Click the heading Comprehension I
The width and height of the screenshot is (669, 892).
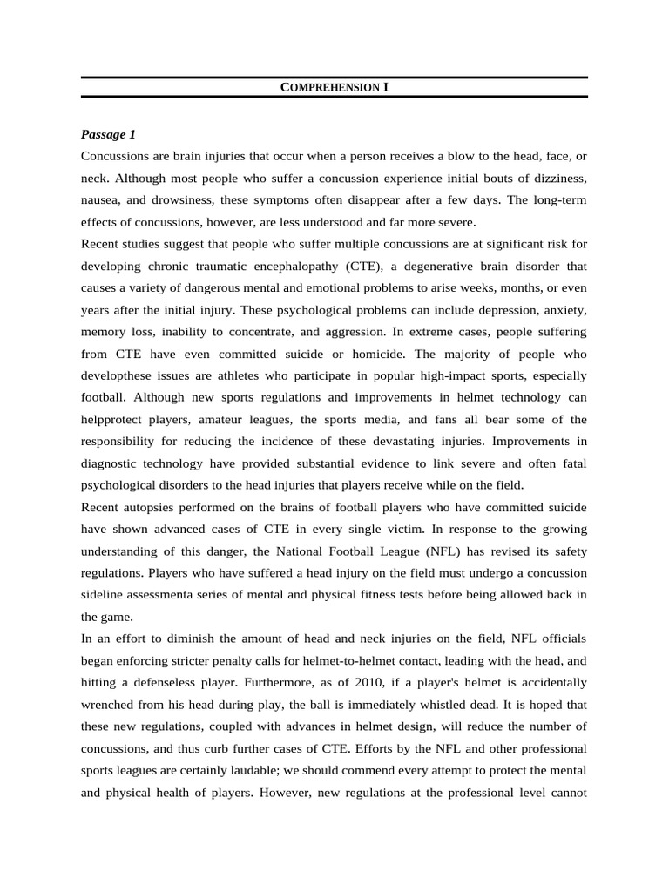pyautogui.click(x=334, y=88)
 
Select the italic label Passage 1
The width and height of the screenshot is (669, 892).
pyautogui.click(x=108, y=134)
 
